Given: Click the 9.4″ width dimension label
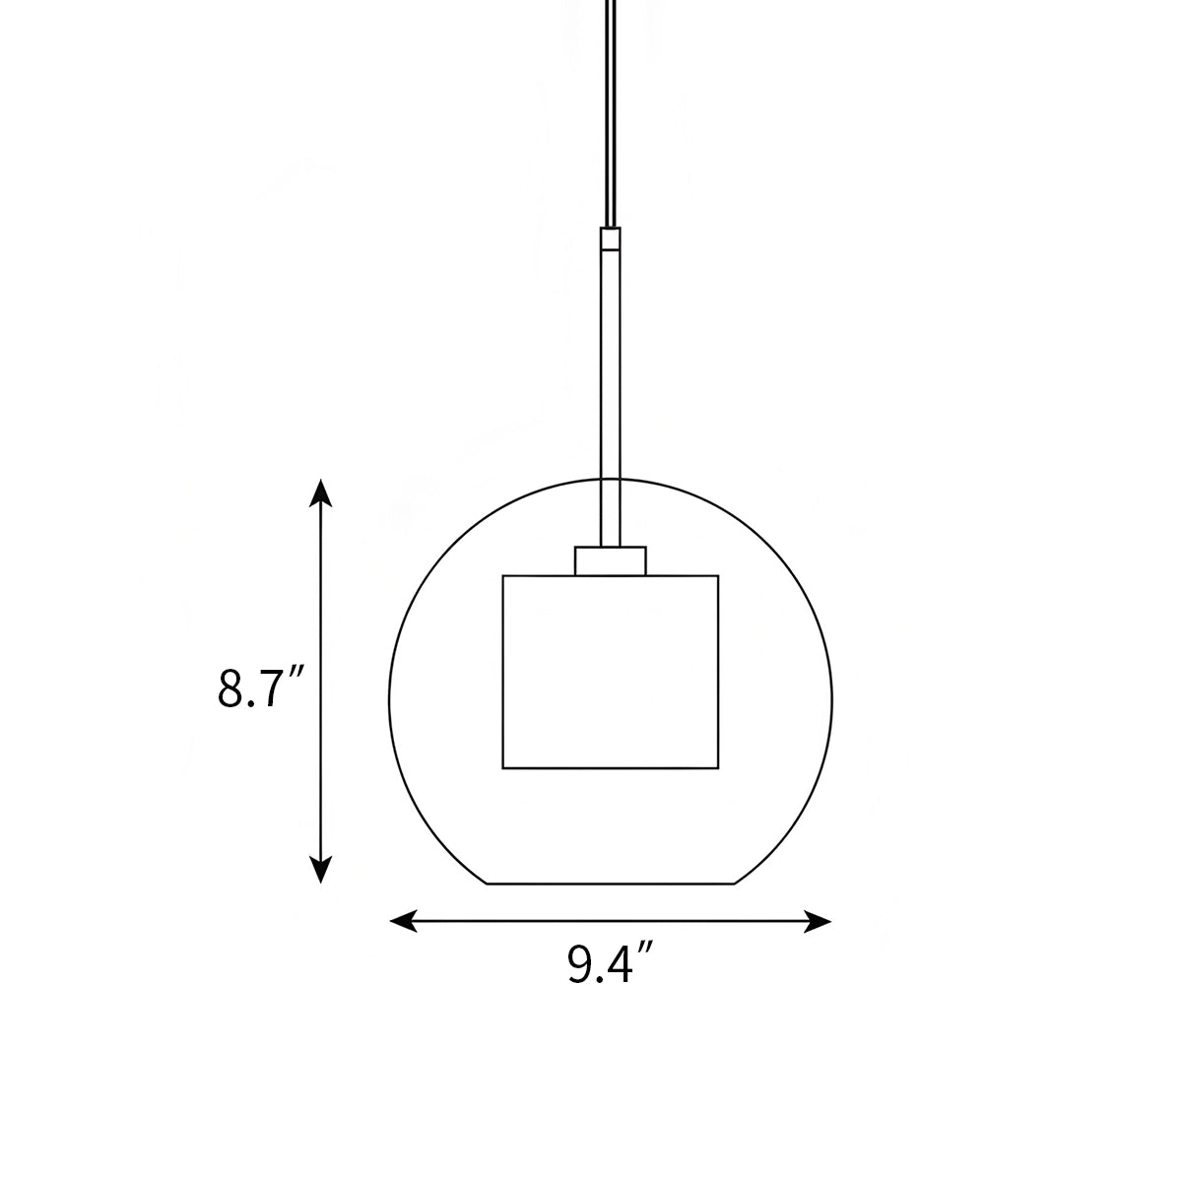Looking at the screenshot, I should pyautogui.click(x=611, y=964).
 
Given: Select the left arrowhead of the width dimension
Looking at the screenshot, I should pyautogui.click(x=402, y=921).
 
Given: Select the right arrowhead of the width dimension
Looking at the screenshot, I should pyautogui.click(x=821, y=921).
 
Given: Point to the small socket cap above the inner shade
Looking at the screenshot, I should pyautogui.click(x=611, y=560).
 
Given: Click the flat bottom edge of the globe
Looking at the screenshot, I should pyautogui.click(x=611, y=884).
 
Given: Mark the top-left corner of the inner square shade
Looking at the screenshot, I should pyautogui.click(x=503, y=576).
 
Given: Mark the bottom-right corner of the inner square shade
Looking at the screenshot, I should pyautogui.click(x=718, y=767).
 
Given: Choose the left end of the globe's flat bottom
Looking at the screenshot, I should pyautogui.click(x=489, y=884).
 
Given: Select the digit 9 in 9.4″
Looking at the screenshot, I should pyautogui.click(x=579, y=964).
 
